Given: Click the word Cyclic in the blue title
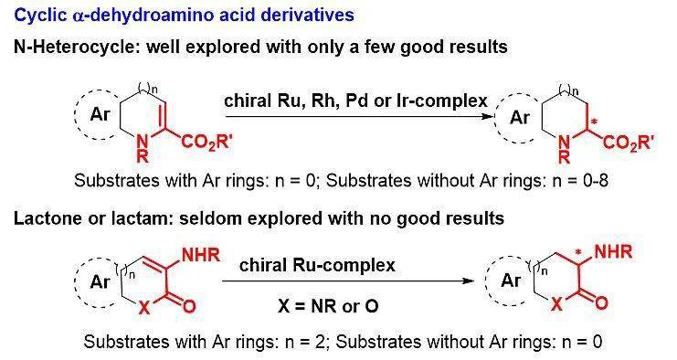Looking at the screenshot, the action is [40, 16].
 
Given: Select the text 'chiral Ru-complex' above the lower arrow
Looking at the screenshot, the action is [317, 265].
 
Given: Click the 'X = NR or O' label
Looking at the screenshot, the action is [328, 306].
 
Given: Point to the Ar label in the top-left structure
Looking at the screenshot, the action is [100, 114].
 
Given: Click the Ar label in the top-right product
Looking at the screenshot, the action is [520, 117].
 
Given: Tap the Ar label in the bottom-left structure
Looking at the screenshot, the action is [100, 281].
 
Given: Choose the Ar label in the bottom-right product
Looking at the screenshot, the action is [511, 281].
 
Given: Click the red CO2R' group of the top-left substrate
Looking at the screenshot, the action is [206, 142].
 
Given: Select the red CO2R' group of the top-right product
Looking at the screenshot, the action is [629, 142].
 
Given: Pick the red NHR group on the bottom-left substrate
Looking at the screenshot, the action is [201, 255].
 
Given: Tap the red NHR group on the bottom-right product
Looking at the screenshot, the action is [613, 251].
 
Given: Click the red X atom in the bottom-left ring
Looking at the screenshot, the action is [144, 307].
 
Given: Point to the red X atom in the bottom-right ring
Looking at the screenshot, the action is [557, 304].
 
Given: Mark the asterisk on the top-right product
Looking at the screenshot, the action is [594, 122].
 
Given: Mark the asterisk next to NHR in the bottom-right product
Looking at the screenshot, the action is [578, 252].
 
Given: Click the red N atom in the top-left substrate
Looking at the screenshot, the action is [142, 141].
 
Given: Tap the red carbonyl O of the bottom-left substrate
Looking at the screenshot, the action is [189, 306].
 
